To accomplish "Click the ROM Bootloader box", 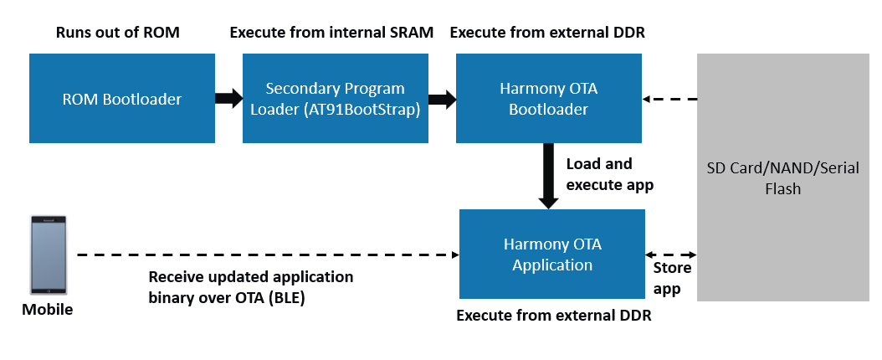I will [122, 98].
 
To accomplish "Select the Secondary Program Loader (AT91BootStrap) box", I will [335, 98].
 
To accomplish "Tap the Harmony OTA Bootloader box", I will [549, 98].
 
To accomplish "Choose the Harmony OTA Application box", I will [552, 254].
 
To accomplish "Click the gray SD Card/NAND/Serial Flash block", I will [783, 177].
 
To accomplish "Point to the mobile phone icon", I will [48, 255].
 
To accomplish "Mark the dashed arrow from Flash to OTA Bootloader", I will [669, 99].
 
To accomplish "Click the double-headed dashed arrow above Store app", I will [671, 254].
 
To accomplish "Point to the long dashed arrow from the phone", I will [268, 255].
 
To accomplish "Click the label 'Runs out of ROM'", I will [118, 33].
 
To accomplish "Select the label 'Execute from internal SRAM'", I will [331, 33].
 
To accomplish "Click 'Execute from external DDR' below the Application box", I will [553, 316].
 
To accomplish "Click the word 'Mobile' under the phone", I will [48, 310].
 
